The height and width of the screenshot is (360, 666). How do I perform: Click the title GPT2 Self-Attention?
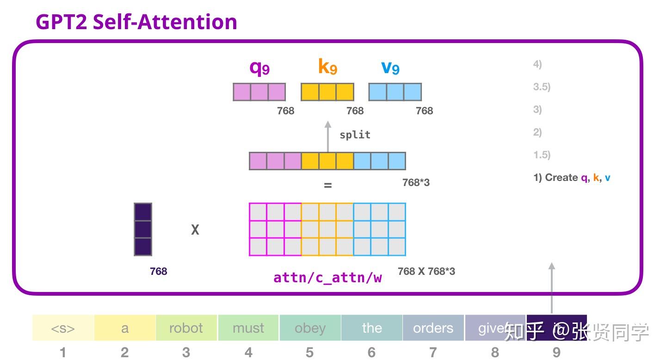tap(136, 22)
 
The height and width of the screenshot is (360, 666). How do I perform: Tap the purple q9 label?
tap(259, 68)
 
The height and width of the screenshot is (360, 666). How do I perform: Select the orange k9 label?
tap(327, 67)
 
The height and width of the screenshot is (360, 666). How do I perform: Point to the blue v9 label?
tap(390, 68)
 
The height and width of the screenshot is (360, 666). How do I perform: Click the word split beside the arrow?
tap(355, 135)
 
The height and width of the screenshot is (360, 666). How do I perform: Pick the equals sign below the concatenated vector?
tap(328, 186)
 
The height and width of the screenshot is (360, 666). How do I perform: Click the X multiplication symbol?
tap(195, 230)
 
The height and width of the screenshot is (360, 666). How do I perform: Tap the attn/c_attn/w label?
tap(327, 278)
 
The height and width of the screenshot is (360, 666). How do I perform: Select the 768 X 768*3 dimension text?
tap(426, 271)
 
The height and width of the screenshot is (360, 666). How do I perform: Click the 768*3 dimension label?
tap(416, 182)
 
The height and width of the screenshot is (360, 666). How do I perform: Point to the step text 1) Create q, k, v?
tap(572, 178)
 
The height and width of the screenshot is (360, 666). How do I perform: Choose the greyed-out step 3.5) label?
tap(542, 87)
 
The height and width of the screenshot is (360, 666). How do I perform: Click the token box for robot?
tap(186, 328)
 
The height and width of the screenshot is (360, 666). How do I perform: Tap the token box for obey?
tap(310, 328)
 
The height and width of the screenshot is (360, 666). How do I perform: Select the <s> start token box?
tap(63, 328)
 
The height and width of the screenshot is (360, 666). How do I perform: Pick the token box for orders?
tap(433, 328)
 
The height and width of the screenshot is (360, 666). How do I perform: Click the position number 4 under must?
tap(248, 353)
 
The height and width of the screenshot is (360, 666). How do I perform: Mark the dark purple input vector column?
tap(143, 229)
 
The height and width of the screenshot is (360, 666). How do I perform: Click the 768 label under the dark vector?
tap(158, 271)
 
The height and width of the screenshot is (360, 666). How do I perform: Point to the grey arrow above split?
tap(328, 136)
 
